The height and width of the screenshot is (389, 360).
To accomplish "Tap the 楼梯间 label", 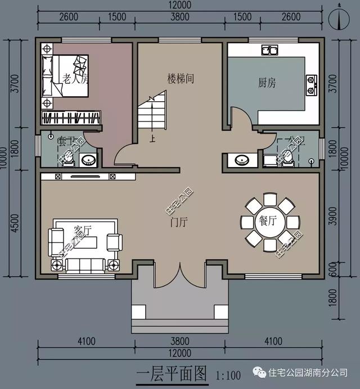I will pos(180,78).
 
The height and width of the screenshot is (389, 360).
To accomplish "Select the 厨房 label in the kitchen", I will pos(267,83).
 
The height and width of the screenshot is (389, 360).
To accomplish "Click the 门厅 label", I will pos(179,222).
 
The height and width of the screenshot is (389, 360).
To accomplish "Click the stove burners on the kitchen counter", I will pos(310,85).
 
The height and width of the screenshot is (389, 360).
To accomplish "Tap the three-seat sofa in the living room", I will pos(82,264).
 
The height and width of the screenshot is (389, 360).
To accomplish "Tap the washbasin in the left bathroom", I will pos(88,161).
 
